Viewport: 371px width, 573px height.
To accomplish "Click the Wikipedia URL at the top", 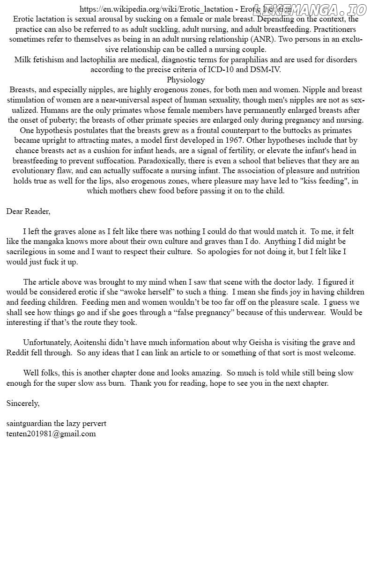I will [x=156, y=9].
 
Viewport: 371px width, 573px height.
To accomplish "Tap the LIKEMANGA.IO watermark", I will [x=309, y=9].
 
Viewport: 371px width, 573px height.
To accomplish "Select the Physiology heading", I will [x=185, y=80].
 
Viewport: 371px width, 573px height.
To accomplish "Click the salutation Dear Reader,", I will [x=28, y=211].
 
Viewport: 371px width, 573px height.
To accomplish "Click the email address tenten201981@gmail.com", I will [x=51, y=433].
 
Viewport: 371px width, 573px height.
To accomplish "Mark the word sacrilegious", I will [x=29, y=252].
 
